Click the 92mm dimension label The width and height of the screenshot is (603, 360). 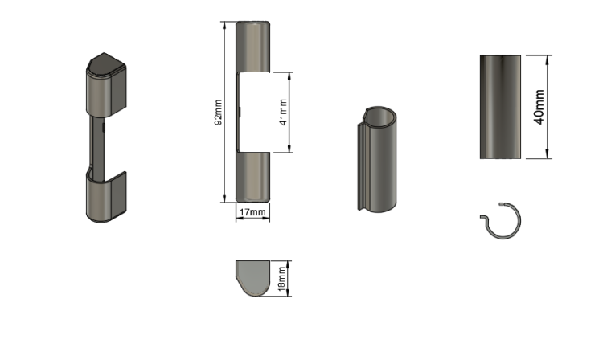pos(218,112)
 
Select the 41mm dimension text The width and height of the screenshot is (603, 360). pos(284,112)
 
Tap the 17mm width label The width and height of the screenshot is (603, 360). pos(252,212)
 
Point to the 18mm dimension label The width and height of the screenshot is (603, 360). pos(282,279)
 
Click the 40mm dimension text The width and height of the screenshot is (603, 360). pos(539,107)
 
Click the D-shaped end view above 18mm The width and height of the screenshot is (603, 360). pos(252,278)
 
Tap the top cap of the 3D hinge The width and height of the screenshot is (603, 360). pos(106,65)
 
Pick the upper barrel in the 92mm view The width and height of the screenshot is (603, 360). pos(252,47)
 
